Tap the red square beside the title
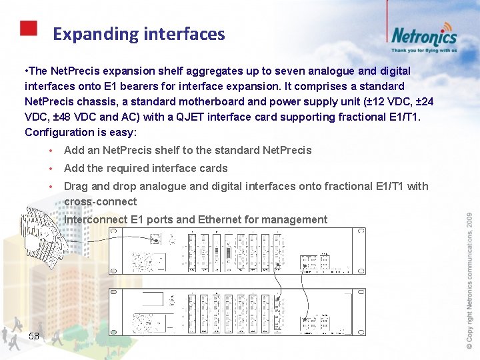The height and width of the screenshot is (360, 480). click(28, 28)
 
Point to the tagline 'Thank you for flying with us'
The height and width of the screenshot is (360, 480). click(424, 50)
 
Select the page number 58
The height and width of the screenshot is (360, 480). click(34, 336)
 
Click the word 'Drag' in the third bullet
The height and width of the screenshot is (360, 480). click(76, 186)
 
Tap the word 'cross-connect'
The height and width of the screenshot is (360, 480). click(101, 201)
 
